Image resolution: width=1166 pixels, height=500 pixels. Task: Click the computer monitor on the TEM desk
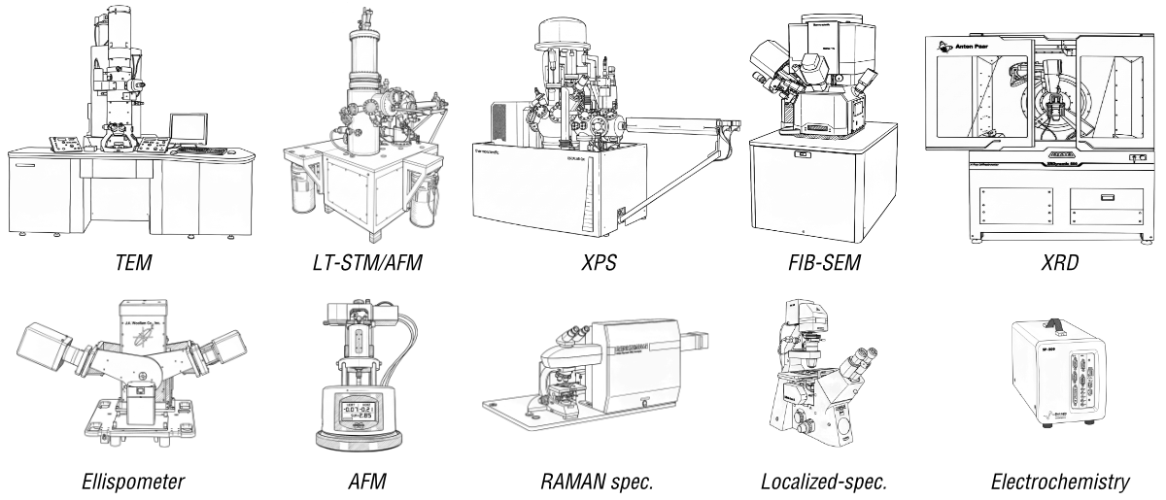pyautogui.click(x=188, y=128)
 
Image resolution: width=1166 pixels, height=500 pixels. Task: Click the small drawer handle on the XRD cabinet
pyautogui.click(x=1106, y=197)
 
